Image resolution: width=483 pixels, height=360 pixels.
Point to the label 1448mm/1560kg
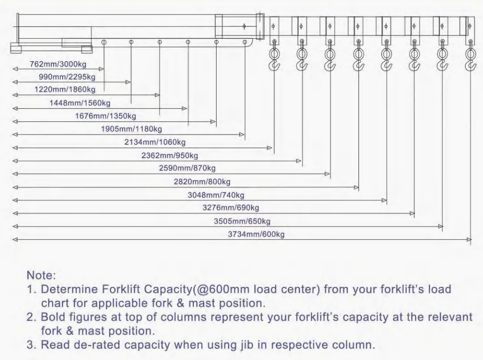point(80,103)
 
